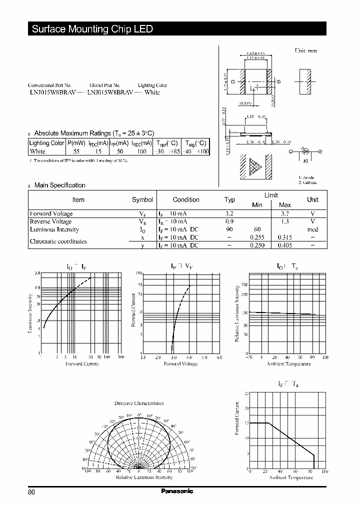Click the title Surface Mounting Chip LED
click(x=92, y=29)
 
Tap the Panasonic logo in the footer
click(x=177, y=491)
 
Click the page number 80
click(x=32, y=492)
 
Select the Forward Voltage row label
click(x=51, y=213)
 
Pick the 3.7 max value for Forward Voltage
click(x=284, y=213)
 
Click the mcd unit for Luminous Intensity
click(x=312, y=229)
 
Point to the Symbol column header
click(x=142, y=199)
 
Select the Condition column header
click(x=186, y=199)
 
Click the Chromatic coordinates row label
click(x=58, y=241)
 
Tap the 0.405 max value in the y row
click(x=284, y=245)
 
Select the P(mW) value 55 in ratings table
click(x=76, y=151)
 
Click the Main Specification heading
click(x=59, y=185)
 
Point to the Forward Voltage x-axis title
click(x=180, y=363)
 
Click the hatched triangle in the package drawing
click(x=255, y=167)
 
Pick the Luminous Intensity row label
click(x=54, y=229)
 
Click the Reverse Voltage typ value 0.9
click(x=229, y=221)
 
